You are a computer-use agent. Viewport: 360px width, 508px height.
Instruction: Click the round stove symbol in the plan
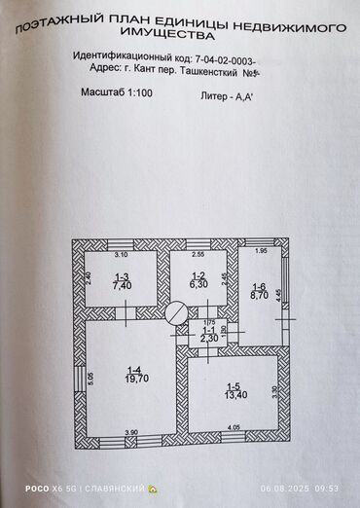[x=176, y=312]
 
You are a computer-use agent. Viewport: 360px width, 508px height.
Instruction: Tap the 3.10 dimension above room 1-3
[x=122, y=256]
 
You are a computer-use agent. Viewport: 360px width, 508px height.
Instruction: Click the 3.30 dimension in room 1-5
[x=275, y=390]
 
